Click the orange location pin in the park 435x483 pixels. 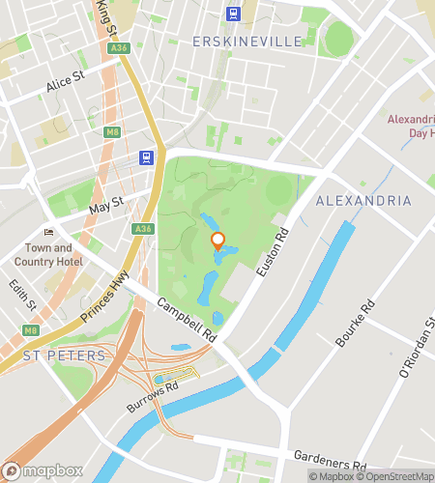pos(218,241)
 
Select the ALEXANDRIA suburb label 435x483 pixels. pos(363,201)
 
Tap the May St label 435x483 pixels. pos(106,204)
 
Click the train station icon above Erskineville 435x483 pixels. pos(233,13)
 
